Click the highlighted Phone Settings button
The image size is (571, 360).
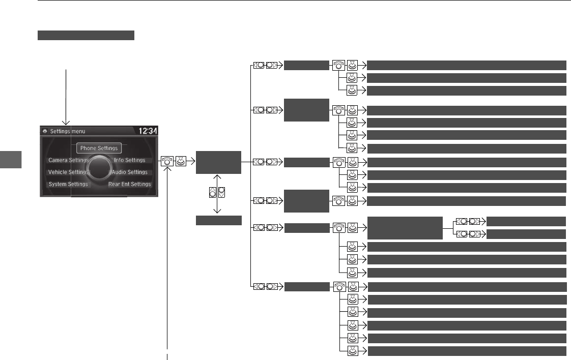[99, 148]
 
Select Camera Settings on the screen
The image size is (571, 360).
[68, 160]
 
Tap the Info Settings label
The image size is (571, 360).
[130, 160]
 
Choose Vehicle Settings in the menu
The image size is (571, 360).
[68, 172]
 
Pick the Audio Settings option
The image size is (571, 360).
[130, 172]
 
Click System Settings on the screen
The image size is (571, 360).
[68, 184]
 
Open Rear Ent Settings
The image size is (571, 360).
[129, 184]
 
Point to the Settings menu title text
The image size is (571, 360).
[68, 131]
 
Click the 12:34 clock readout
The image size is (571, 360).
[148, 131]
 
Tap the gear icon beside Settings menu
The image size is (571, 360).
[45, 131]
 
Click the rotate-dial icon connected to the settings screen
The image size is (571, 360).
[167, 162]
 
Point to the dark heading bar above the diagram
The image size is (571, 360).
[85, 35]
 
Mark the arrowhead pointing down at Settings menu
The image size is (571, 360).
[66, 123]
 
